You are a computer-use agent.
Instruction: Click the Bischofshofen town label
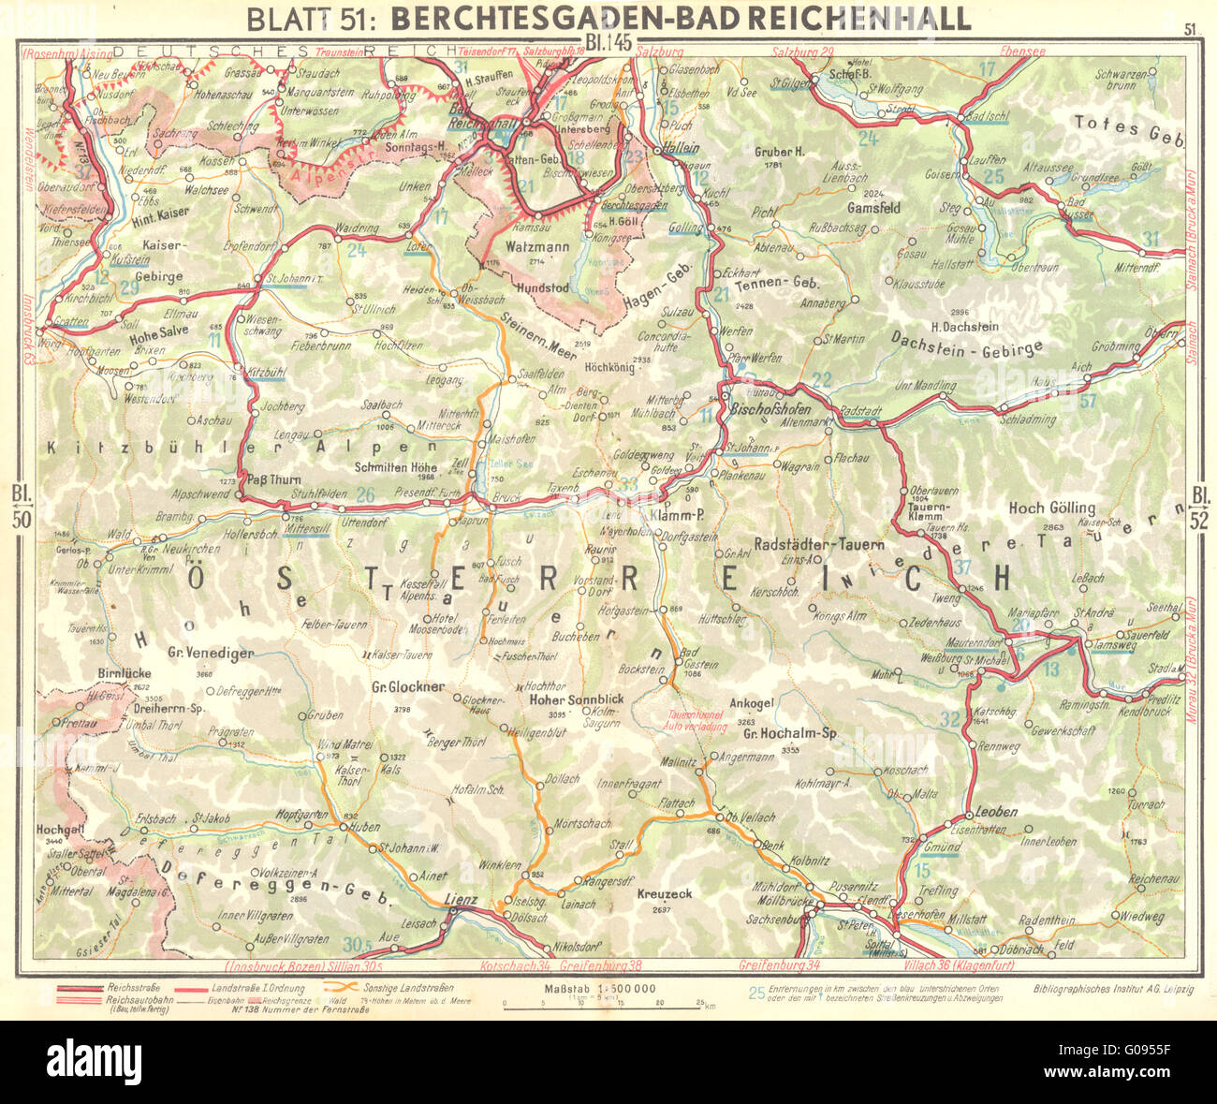pos(769,409)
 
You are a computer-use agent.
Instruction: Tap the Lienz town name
pos(461,900)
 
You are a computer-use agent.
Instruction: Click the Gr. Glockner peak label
pos(407,686)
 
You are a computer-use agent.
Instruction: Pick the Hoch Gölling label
pos(1045,508)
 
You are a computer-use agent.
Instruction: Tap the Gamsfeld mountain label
pos(873,208)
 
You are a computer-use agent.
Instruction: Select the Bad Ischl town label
pos(986,117)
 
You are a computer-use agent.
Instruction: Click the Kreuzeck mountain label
pos(664,894)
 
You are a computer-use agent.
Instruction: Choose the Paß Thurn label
pos(271,478)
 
